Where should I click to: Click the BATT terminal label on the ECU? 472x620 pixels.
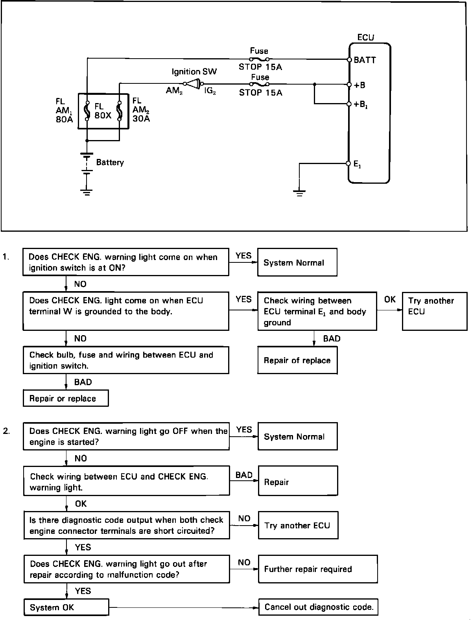coord(365,60)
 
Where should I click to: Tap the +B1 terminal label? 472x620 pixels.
coord(361,105)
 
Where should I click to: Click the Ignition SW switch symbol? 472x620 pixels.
coord(194,83)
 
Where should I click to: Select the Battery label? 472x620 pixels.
coord(110,162)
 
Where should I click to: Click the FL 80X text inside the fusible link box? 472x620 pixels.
coord(103,111)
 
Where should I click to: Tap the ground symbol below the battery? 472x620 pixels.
coord(87,192)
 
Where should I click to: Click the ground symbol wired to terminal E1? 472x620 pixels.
coord(299,192)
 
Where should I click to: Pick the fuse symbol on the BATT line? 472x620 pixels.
coord(259,59)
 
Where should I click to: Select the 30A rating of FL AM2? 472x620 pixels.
coord(141,118)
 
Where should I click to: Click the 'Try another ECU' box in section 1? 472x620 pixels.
coord(435,311)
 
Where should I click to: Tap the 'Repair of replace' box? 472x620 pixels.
coord(297,360)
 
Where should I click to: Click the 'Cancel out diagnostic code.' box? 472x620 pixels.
coord(318,607)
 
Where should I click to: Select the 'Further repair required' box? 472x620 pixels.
coord(318,569)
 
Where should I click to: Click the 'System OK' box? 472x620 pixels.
coord(66,607)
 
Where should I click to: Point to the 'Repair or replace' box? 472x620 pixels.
coord(66,399)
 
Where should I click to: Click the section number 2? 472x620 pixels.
coord(6,431)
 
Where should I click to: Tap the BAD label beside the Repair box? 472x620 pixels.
coord(244,475)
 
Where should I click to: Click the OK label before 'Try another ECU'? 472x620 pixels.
coord(390,300)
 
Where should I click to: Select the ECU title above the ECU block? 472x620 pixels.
coord(365,37)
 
